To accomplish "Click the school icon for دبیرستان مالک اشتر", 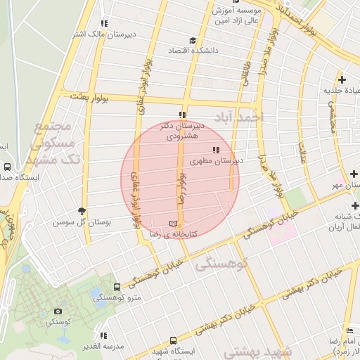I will [105, 23].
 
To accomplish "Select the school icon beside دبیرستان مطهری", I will [215, 150].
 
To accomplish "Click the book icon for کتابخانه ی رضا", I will [173, 223].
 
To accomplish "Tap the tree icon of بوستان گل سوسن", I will [82, 211].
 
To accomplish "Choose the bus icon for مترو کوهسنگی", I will [116, 287].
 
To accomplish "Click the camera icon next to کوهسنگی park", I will [58, 310].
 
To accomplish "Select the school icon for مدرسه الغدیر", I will [104, 335].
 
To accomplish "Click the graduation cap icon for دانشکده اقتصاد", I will [193, 40].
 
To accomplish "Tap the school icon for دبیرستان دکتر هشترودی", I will [182, 115].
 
